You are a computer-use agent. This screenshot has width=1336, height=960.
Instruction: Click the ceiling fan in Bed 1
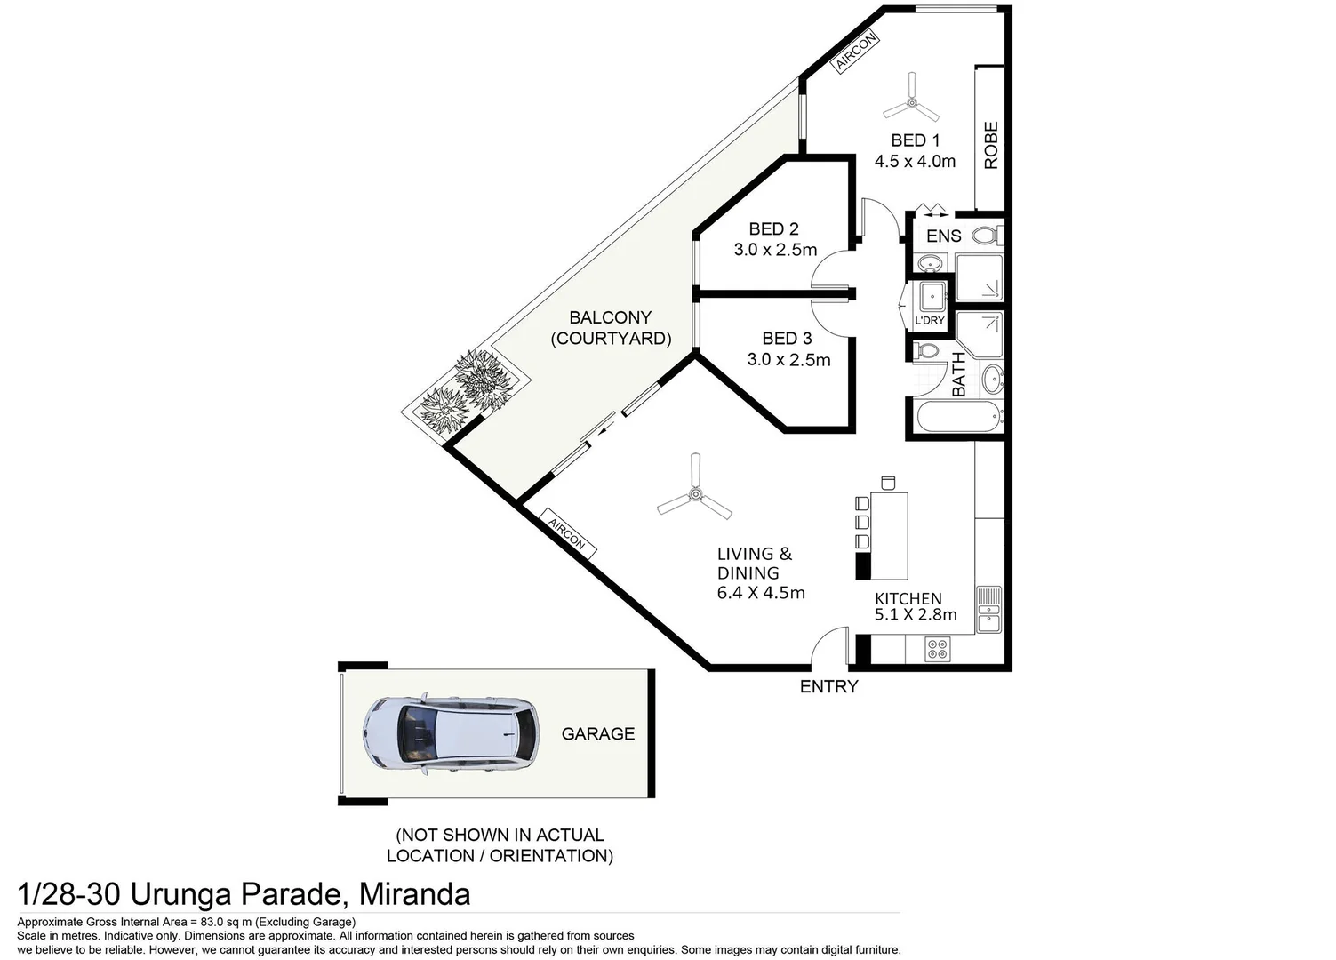tap(911, 103)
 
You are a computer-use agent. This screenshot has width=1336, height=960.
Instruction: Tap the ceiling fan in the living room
tap(694, 494)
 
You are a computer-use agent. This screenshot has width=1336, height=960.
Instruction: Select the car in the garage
tap(451, 733)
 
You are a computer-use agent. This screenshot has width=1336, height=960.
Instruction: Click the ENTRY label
tap(828, 686)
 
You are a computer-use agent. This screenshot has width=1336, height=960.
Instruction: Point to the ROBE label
tap(990, 145)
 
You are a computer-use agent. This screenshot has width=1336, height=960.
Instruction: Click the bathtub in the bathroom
tap(958, 417)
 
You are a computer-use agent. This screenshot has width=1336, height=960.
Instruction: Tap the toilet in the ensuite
tap(986, 236)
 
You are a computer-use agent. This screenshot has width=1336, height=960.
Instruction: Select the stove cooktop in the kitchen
tap(937, 649)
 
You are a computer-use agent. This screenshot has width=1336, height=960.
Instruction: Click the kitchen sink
tap(988, 610)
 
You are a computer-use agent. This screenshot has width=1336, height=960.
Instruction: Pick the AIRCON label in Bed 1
tap(856, 52)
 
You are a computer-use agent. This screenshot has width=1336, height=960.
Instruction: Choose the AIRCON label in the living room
tap(566, 533)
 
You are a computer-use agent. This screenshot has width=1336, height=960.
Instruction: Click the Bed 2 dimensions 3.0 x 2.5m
tap(775, 250)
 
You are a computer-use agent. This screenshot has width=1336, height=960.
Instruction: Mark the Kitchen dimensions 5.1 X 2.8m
tap(916, 614)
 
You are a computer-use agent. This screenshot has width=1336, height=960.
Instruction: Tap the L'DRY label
tap(930, 320)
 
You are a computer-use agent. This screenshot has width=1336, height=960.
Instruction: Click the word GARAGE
tap(597, 733)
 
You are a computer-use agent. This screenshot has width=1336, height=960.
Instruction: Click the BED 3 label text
tap(787, 339)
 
